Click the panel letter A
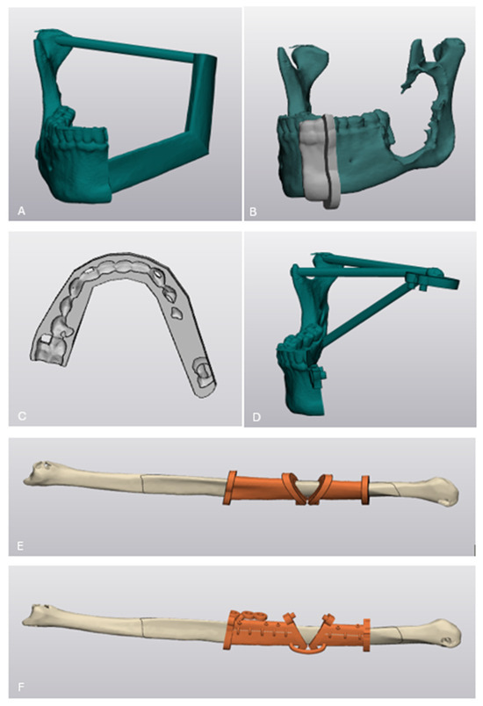coord(21,211)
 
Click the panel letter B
coord(253,211)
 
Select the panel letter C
coord(22,416)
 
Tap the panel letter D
coord(256,417)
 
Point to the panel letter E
coord(20,546)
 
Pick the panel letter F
coord(21,687)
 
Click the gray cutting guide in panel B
coord(320,160)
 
